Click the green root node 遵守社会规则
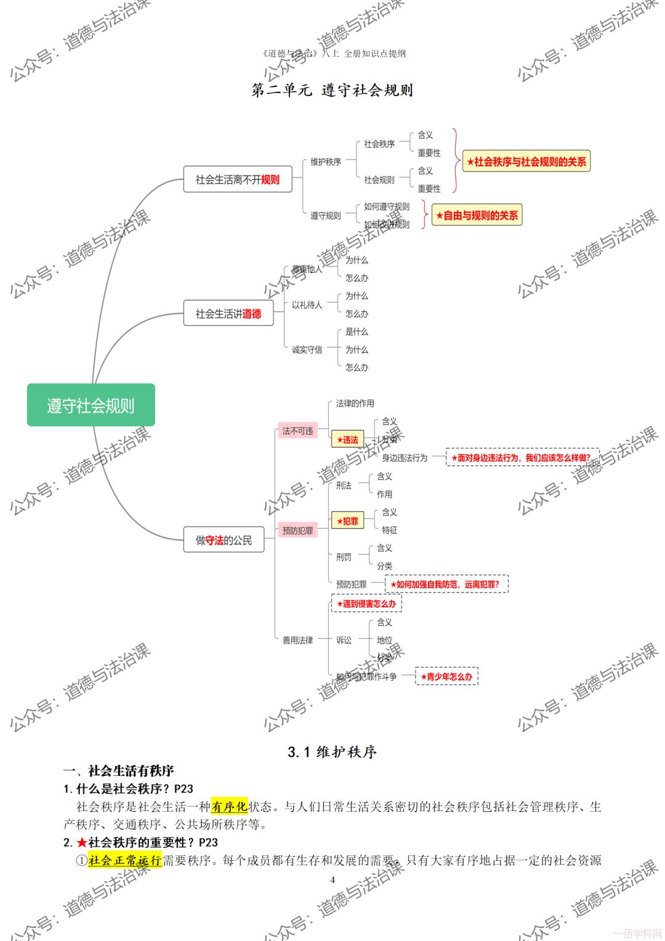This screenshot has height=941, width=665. tap(91, 405)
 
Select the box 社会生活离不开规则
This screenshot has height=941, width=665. tap(237, 179)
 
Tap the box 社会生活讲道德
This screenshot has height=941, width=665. tap(228, 313)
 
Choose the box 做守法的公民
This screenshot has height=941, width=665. tap(224, 540)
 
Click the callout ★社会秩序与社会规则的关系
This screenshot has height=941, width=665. tap(526, 161)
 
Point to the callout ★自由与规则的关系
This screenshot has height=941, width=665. tap(477, 215)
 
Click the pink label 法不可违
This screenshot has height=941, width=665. tap(297, 431)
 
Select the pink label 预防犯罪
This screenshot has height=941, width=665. tap(297, 530)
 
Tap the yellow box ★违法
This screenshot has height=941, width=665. tap(347, 440)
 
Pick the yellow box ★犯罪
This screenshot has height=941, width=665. tap(347, 521)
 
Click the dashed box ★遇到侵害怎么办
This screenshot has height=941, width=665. tap(366, 604)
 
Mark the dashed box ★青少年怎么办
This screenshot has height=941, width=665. tap(446, 676)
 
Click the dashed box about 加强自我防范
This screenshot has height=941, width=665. tap(447, 584)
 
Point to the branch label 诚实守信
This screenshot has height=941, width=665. tap(307, 350)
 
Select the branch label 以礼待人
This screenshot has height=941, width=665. tap(307, 305)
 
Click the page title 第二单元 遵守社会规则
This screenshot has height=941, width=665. tap(332, 90)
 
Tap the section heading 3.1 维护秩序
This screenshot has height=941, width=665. tap(332, 752)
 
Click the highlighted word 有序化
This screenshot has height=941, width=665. tap(229, 806)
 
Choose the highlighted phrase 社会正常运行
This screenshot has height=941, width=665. tap(124, 860)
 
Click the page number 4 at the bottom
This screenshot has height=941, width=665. tap(332, 879)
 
